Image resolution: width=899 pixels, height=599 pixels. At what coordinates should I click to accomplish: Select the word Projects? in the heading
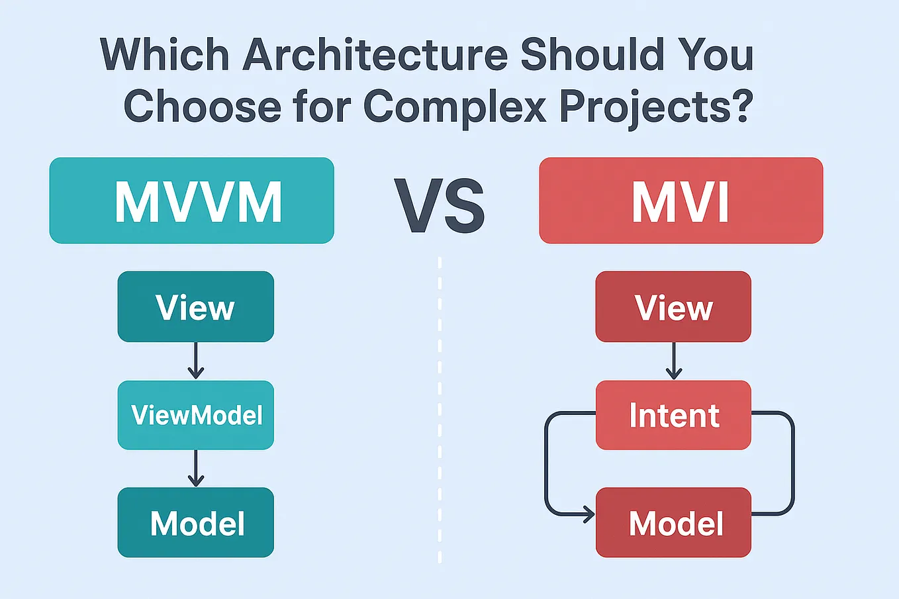click(656, 106)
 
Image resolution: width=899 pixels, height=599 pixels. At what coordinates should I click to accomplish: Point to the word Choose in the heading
click(203, 106)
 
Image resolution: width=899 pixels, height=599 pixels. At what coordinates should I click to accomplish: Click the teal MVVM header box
click(191, 201)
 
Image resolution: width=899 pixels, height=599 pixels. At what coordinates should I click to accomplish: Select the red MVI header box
click(681, 201)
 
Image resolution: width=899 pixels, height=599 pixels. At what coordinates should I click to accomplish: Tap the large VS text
click(440, 207)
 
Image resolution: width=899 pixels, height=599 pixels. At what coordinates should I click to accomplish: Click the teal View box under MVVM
click(195, 307)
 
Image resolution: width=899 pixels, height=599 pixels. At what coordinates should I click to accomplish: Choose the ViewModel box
click(196, 415)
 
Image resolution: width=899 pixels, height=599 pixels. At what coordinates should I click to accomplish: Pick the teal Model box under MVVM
click(196, 523)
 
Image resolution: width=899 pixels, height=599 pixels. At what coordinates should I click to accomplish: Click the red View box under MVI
click(673, 307)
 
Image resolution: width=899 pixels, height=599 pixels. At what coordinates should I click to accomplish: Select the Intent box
click(673, 415)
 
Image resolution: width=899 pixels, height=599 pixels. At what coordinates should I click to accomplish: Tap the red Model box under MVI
click(673, 523)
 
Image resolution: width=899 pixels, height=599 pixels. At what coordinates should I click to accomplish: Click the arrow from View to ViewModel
click(195, 361)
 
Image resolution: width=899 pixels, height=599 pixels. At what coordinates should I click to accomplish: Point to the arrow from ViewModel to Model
click(195, 469)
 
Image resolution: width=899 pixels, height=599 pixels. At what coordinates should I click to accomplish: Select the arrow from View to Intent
click(674, 361)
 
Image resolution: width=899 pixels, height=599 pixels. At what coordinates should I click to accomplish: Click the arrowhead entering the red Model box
click(587, 514)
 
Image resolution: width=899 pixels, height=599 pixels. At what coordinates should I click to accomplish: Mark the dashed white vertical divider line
click(440, 410)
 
